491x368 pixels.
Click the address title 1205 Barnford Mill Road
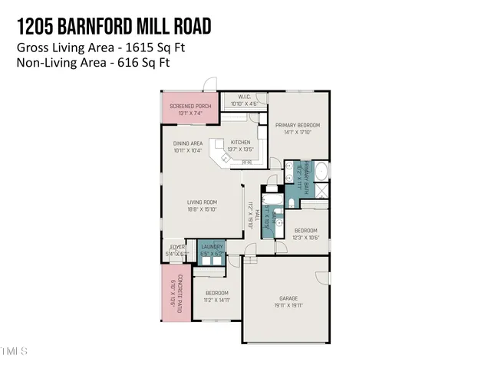tap(113, 27)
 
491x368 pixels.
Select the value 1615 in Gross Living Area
tap(121, 48)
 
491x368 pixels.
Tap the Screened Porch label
tap(190, 106)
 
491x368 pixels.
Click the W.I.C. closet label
tap(245, 97)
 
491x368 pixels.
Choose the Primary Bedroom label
tap(298, 125)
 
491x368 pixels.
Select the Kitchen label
tap(241, 143)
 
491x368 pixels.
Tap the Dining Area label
tap(187, 143)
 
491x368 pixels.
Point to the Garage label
tap(287, 300)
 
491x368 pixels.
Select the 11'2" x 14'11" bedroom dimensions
tap(216, 300)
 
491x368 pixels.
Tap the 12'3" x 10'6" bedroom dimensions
tap(306, 237)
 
